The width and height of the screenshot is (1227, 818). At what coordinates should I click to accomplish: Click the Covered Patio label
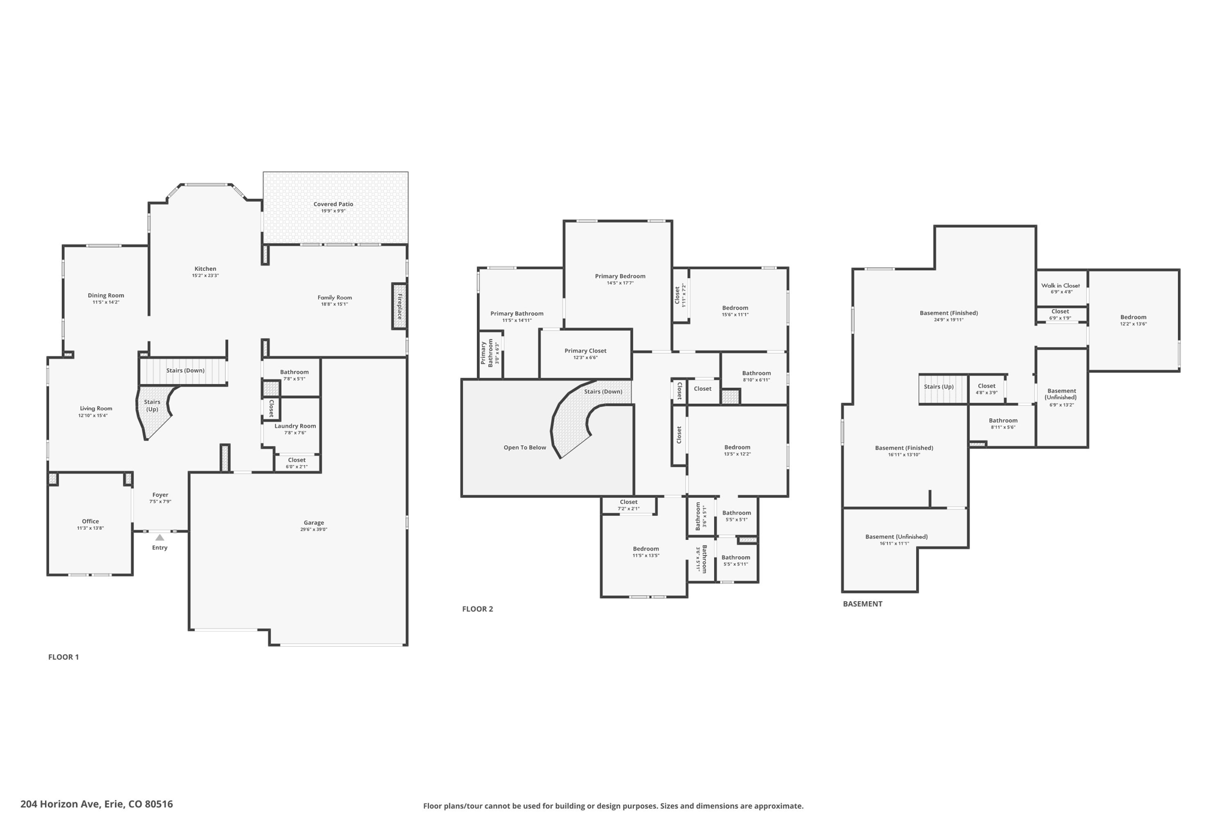[x=333, y=204]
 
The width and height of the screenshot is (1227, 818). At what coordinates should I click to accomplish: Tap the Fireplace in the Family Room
[x=399, y=306]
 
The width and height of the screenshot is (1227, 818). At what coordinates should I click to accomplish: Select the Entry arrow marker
[x=159, y=538]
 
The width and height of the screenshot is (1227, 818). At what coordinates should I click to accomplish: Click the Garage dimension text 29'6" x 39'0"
[x=313, y=530]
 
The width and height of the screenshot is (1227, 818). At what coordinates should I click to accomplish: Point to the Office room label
[x=90, y=521]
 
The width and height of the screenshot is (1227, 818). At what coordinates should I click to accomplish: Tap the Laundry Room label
[x=295, y=426]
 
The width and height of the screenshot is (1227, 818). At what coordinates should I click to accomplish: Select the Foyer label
[x=160, y=495]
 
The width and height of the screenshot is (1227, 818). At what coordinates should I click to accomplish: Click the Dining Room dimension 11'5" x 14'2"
[x=106, y=303]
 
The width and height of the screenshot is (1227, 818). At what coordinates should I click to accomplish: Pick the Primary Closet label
[x=585, y=351]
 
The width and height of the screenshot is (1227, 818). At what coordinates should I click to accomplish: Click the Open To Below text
[x=525, y=448]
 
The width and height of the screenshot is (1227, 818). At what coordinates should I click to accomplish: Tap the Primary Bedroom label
[x=620, y=276]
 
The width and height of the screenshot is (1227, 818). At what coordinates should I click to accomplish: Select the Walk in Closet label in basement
[x=1060, y=286]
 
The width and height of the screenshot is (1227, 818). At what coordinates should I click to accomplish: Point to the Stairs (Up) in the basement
[x=939, y=387]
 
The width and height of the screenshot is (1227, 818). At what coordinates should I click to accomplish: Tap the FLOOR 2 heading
[x=477, y=609]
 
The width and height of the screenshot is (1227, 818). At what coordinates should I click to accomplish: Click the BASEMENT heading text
[x=862, y=604]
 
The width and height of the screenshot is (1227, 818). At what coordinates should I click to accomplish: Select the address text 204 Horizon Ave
[x=96, y=804]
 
